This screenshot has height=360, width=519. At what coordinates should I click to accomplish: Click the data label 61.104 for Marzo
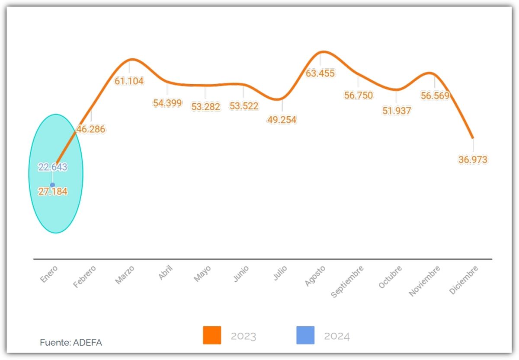(x=129, y=81)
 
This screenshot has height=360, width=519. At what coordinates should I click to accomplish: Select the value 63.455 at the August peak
(x=320, y=73)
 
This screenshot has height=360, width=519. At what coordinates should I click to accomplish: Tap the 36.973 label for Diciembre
(x=473, y=160)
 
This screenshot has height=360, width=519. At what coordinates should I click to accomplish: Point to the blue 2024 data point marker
(x=52, y=185)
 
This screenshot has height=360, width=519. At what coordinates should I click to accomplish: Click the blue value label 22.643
(x=52, y=167)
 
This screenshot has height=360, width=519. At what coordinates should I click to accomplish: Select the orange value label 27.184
(x=53, y=191)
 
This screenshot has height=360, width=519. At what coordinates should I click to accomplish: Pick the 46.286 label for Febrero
(x=91, y=129)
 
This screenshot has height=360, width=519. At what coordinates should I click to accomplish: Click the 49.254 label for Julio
(x=282, y=120)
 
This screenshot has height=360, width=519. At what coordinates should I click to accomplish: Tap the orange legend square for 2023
(x=212, y=335)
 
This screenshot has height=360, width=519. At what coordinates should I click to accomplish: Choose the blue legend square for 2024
(x=305, y=335)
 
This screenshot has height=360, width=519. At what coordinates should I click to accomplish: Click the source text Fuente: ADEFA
(x=71, y=343)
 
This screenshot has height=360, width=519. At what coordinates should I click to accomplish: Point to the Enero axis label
(x=49, y=274)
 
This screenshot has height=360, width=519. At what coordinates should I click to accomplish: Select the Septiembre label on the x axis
(x=347, y=281)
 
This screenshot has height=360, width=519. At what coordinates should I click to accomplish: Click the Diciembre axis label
(x=464, y=280)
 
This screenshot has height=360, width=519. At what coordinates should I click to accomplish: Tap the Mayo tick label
(x=202, y=274)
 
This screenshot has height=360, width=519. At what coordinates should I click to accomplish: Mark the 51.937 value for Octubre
(x=397, y=111)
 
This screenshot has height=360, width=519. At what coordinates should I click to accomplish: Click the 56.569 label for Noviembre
(x=435, y=96)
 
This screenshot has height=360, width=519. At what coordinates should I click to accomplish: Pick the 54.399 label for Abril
(x=167, y=103)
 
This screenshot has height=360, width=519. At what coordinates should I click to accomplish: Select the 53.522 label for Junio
(x=244, y=106)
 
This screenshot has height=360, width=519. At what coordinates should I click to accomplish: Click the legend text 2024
(x=336, y=336)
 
